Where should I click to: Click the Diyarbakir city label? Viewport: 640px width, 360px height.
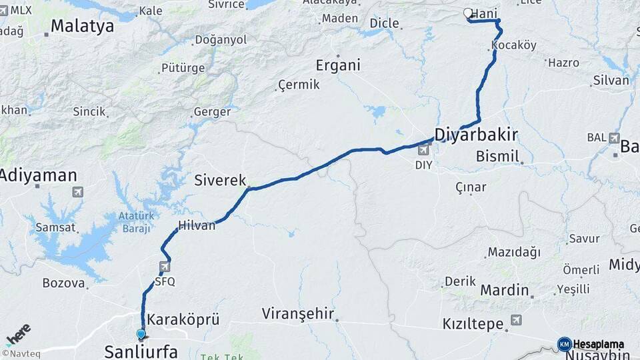[x=476, y=135]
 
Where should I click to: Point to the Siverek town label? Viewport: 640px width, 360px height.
[x=220, y=180]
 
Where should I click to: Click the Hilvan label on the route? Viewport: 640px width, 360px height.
[x=197, y=225]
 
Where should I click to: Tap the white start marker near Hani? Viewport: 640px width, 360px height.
[x=468, y=13]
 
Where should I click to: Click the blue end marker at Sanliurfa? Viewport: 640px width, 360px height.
[x=141, y=334]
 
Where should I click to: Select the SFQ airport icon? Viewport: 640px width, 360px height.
[x=164, y=267]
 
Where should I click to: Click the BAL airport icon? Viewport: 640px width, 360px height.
[x=613, y=137]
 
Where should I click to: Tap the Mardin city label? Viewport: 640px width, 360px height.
[x=504, y=291]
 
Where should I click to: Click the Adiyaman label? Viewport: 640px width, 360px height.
[x=38, y=176]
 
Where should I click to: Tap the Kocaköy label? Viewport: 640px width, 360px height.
[x=513, y=45]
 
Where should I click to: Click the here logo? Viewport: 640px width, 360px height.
[x=17, y=333]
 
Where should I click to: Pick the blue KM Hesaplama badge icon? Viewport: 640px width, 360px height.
[x=565, y=344]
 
